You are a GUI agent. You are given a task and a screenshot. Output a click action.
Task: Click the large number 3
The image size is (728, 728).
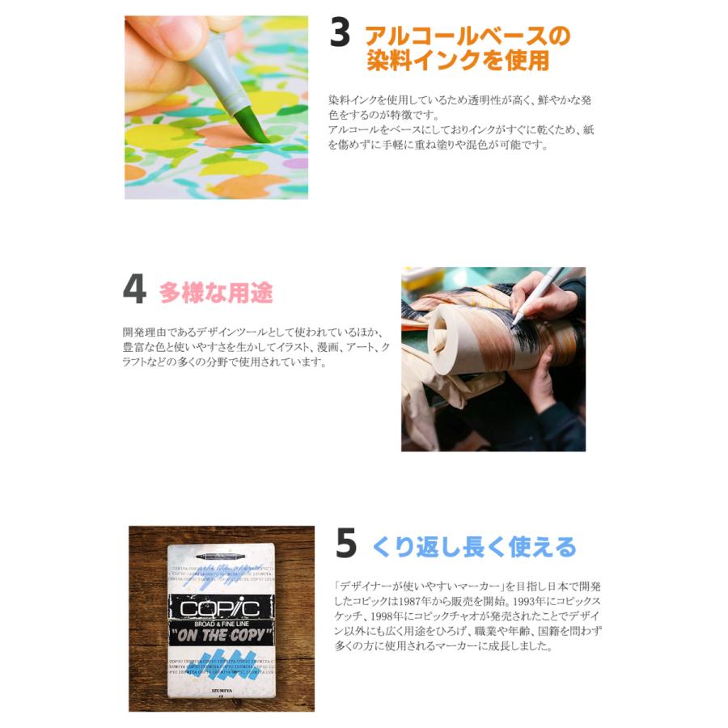(x=340, y=36)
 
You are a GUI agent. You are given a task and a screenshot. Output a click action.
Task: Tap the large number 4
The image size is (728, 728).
(x=134, y=290)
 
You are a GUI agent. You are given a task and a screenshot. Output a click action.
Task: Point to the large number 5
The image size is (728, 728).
(x=345, y=544)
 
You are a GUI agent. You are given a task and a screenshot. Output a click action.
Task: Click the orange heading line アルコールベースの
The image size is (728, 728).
(x=468, y=36)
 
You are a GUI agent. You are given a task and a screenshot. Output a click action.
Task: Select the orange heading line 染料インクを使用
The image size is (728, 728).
(x=458, y=61)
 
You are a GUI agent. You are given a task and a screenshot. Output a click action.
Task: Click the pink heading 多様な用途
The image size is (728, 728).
(x=216, y=292)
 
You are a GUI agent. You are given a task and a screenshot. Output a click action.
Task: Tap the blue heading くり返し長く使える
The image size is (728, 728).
(x=475, y=547)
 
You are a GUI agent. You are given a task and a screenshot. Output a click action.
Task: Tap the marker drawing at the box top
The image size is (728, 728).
(x=220, y=557)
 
